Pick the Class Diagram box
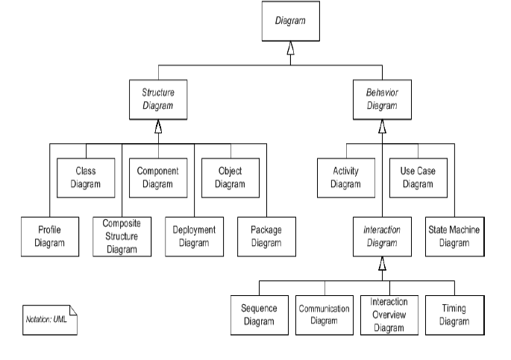pyautogui.click(x=86, y=177)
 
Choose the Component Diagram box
pyautogui.click(x=157, y=177)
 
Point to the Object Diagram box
pyautogui.click(x=229, y=177)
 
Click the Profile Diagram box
pyautogui.click(x=49, y=236)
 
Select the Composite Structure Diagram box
pyautogui.click(x=121, y=236)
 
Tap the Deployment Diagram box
pyautogui.click(x=192, y=236)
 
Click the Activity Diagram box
pyautogui.click(x=346, y=177)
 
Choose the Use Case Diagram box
pyautogui.click(x=418, y=177)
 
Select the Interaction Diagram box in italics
pyautogui.click(x=382, y=236)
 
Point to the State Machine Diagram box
pyautogui.click(x=454, y=236)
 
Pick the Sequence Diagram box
pyautogui.click(x=259, y=315)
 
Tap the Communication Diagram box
pyautogui.click(x=324, y=315)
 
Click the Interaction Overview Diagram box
pyautogui.click(x=388, y=315)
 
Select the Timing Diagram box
pyautogui.click(x=454, y=315)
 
